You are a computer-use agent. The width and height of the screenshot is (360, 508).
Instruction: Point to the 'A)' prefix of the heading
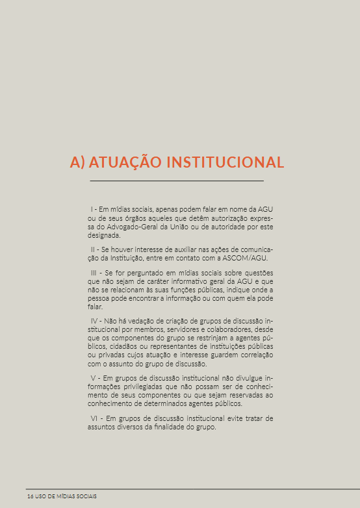pyautogui.click(x=78, y=162)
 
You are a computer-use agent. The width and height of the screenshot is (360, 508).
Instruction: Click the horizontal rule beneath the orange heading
pyautogui.click(x=177, y=180)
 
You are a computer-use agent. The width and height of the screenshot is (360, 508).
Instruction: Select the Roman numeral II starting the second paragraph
pyautogui.click(x=94, y=249)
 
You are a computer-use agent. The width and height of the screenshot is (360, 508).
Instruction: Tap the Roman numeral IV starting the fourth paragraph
pyautogui.click(x=95, y=322)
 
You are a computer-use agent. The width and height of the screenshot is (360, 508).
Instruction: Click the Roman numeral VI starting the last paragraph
pyautogui.click(x=95, y=418)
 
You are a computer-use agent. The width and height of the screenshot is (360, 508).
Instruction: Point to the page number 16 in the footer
pyautogui.click(x=31, y=496)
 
